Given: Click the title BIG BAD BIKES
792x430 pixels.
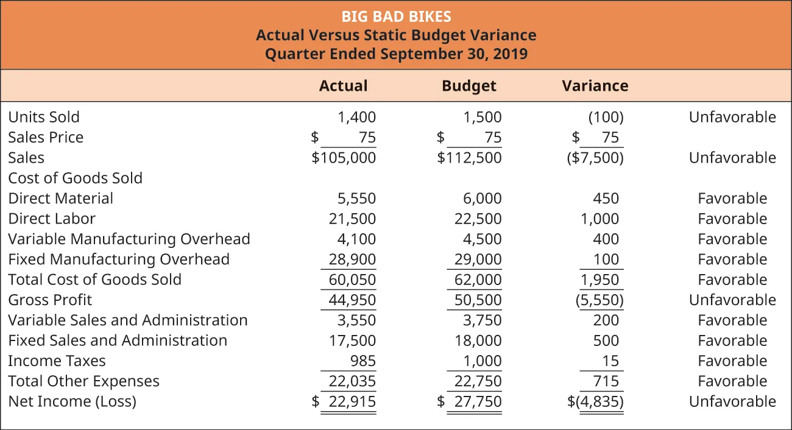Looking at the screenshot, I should (396, 16).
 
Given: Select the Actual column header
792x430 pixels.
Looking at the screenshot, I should (343, 86).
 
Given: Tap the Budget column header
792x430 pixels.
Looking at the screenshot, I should (468, 86).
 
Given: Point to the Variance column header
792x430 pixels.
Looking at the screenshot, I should (595, 86).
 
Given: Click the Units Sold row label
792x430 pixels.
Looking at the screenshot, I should (44, 117).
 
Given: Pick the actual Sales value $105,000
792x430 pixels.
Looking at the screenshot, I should (344, 158).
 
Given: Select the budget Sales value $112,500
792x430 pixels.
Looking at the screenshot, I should (470, 158).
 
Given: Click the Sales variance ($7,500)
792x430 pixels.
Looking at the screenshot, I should (595, 158).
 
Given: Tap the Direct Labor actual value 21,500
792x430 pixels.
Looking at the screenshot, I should (353, 219).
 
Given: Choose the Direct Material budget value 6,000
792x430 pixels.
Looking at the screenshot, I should (482, 199).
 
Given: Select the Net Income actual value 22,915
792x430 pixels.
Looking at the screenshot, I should (352, 402).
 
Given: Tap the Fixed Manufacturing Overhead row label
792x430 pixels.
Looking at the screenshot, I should (119, 259).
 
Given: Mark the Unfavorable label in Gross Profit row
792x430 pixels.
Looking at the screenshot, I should (732, 300).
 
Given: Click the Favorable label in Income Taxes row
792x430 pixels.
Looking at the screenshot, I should (732, 361).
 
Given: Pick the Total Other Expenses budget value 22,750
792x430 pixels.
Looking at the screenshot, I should (478, 381).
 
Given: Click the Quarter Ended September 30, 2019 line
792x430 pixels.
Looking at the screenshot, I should (396, 54).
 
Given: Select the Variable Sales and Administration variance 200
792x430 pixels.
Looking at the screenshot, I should (606, 320).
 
